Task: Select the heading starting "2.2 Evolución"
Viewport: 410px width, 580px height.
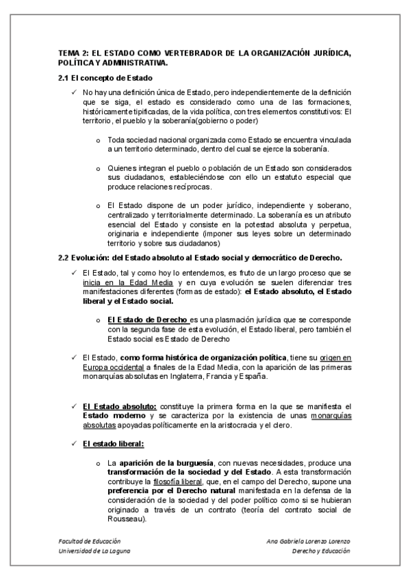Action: click(x=200, y=257)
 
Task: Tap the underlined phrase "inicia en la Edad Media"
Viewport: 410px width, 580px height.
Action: click(x=127, y=282)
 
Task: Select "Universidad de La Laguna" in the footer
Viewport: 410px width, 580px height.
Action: click(x=94, y=551)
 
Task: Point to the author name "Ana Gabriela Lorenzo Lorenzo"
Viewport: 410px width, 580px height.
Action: click(x=308, y=541)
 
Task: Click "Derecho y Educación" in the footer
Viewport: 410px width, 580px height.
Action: click(x=320, y=551)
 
